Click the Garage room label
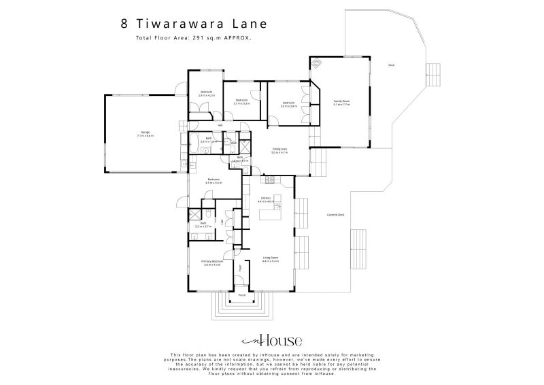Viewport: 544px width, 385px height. [146, 132]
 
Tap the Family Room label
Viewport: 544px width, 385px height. [341, 101]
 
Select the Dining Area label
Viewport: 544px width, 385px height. [278, 149]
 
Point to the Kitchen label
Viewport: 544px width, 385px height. [266, 198]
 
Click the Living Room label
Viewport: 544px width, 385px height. [271, 257]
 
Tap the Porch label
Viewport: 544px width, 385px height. [241, 295]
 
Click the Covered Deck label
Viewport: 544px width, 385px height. [335, 214]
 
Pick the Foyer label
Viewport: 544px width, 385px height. [240, 268]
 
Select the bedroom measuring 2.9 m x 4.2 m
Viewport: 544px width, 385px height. [206, 92]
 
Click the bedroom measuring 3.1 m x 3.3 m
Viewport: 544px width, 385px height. [241, 101]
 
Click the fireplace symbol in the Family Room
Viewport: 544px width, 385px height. [317, 63]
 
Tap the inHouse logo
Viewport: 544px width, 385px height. [271, 341]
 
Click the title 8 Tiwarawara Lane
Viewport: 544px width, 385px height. [194, 23]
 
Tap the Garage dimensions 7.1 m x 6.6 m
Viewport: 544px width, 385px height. [146, 136]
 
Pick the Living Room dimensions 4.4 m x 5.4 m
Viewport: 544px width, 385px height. [271, 261]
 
